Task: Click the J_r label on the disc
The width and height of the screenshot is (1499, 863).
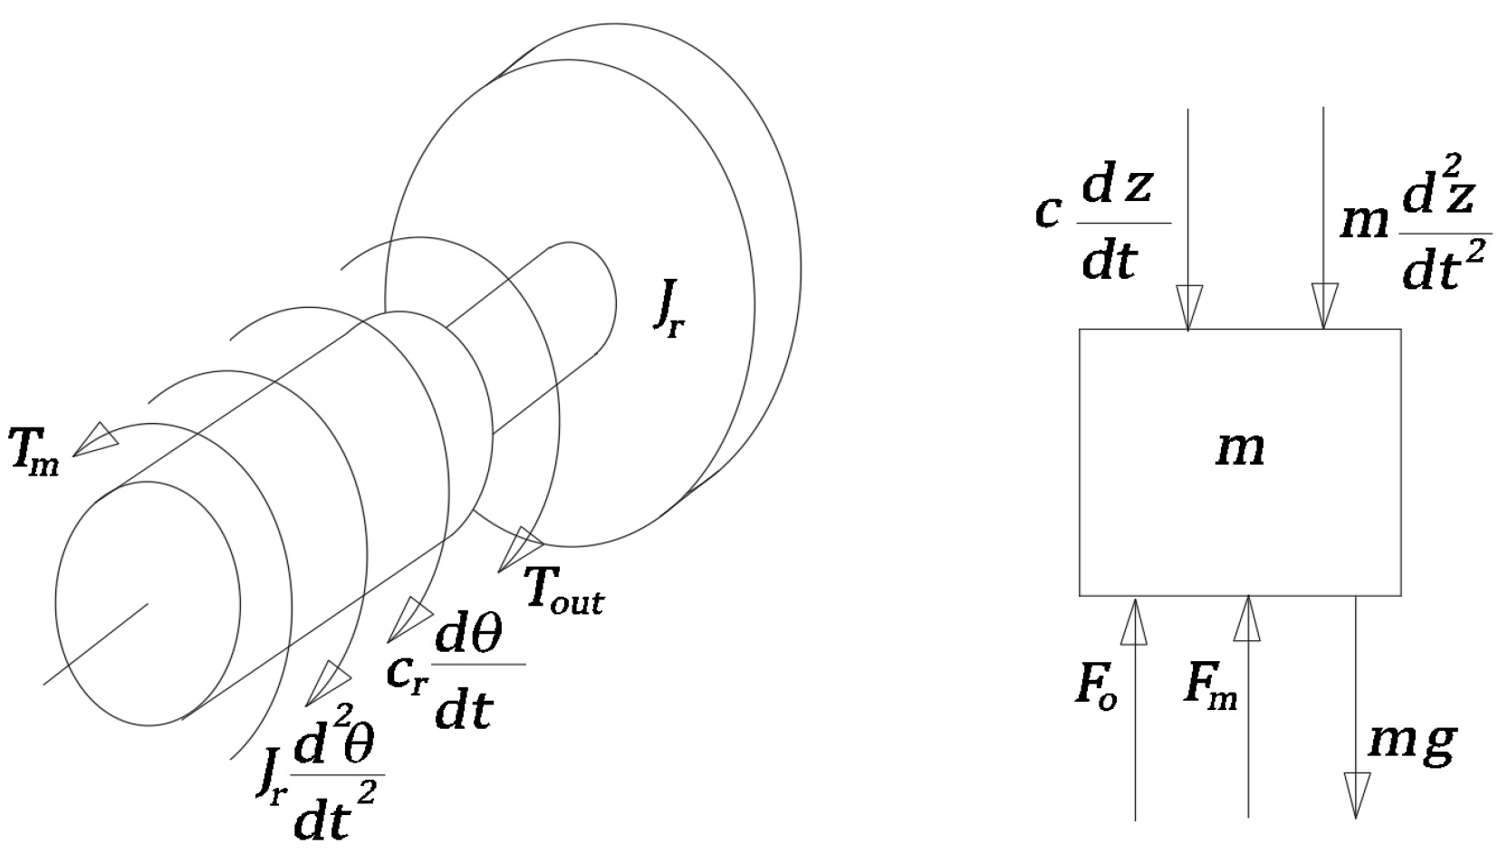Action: point(668,312)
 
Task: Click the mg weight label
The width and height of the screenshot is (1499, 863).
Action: point(1411,743)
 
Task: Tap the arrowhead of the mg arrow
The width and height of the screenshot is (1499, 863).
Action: point(1356,793)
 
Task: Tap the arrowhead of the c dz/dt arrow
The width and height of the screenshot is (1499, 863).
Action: point(1188,306)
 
